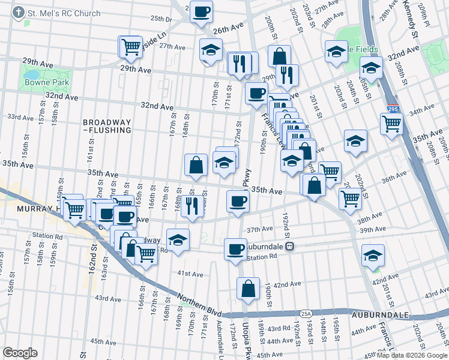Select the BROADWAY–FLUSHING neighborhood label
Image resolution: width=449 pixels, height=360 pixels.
(x=107, y=125)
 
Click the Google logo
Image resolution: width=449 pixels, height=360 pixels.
(x=20, y=352)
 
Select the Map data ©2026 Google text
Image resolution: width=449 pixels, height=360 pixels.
(x=412, y=355)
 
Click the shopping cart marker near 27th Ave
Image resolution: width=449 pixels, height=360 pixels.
(x=130, y=46)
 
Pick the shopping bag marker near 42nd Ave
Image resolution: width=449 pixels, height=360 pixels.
(x=248, y=289)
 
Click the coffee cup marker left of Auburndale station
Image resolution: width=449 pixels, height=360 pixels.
(x=235, y=248)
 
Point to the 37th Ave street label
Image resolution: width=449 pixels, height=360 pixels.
(x=259, y=229)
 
